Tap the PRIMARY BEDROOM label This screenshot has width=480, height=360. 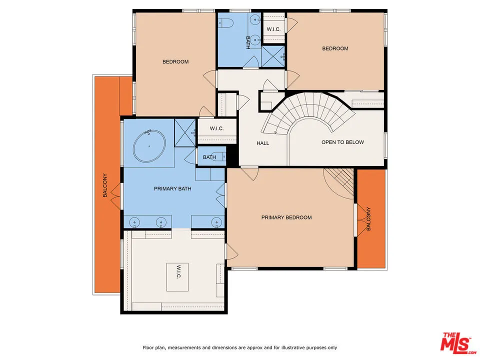point(286,217)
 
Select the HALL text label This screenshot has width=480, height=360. point(262,143)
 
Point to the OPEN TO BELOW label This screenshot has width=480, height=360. point(342,142)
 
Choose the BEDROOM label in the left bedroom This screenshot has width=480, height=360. point(175,62)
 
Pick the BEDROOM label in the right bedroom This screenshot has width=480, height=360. point(334,48)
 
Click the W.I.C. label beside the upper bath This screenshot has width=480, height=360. point(273,29)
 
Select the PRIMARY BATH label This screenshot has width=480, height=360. point(172,188)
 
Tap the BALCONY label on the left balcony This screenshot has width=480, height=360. point(105,185)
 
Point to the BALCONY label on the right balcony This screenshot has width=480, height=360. point(369,218)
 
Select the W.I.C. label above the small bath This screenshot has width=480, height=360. point(216,129)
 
